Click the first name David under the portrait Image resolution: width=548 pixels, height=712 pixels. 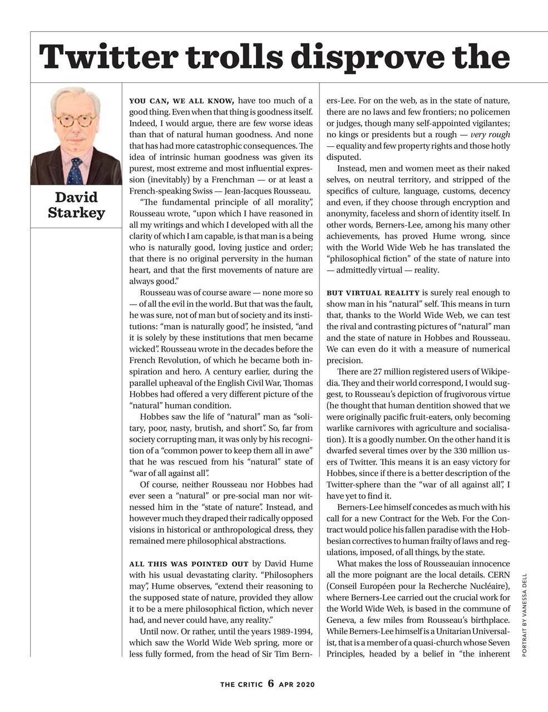click(76, 197)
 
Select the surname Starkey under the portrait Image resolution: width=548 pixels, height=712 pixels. click(76, 212)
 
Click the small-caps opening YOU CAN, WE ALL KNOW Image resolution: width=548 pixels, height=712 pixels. click(182, 101)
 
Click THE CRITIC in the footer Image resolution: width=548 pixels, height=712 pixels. click(241, 684)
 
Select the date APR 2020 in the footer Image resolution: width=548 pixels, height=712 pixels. click(297, 684)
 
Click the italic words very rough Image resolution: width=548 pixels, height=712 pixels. click(490, 135)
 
